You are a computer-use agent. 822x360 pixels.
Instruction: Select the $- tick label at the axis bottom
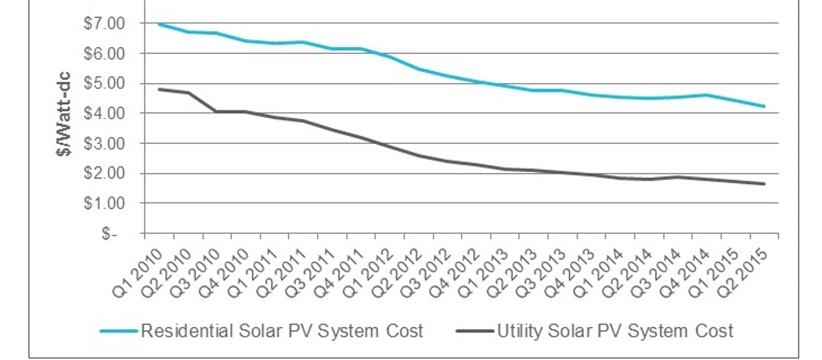pos(110,233)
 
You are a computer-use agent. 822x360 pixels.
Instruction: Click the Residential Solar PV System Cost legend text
pos(282,331)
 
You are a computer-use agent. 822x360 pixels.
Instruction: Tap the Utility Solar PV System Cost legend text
pos(615,331)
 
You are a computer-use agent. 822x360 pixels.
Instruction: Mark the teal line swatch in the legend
pos(119,331)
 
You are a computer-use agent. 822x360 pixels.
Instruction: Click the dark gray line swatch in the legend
pos(474,331)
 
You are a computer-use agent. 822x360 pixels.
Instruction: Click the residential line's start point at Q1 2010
pos(160,24)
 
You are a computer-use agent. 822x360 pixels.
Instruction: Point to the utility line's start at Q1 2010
pos(160,89)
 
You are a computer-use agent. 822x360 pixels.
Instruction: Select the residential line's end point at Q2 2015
pos(763,106)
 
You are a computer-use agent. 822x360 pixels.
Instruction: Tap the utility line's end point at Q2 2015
pos(763,184)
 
